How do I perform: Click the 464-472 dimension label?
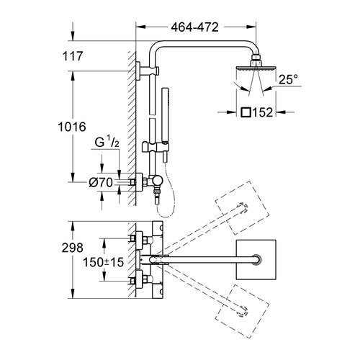pyautogui.click(x=194, y=27)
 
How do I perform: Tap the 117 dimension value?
pyautogui.click(x=73, y=56)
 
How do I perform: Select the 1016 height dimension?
pyautogui.click(x=72, y=127)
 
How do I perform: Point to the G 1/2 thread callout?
pyautogui.click(x=107, y=142)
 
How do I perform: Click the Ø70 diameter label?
pyautogui.click(x=101, y=183)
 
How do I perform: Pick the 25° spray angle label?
pyautogui.click(x=288, y=79)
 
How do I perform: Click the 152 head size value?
pyautogui.click(x=263, y=112)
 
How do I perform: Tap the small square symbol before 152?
pyautogui.click(x=246, y=112)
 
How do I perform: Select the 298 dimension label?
pyautogui.click(x=73, y=248)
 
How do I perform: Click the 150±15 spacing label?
pyautogui.click(x=104, y=262)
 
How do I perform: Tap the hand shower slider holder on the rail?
pyautogui.click(x=156, y=147)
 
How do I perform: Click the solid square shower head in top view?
pyautogui.click(x=256, y=260)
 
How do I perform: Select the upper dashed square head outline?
pyautogui.click(x=242, y=207)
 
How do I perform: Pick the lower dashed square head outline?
pyautogui.click(x=242, y=311)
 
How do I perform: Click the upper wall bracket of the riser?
pyautogui.click(x=148, y=71)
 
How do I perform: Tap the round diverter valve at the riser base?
pyautogui.click(x=157, y=181)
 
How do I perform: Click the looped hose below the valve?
pyautogui.click(x=166, y=192)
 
